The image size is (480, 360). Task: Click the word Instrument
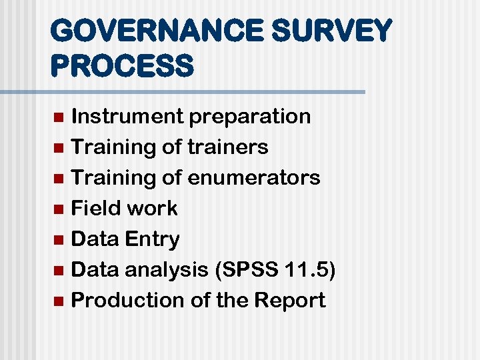127,116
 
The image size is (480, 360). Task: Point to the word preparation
249,117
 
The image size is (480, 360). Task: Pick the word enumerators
254,177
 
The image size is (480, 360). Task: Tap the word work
152,208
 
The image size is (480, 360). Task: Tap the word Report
290,301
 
